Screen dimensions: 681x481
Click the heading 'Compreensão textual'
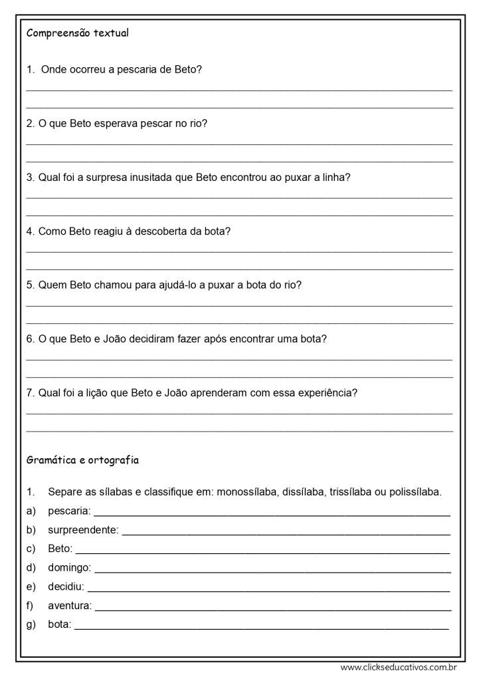pyautogui.click(x=77, y=34)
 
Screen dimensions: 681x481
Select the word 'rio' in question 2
pyautogui.click(x=199, y=123)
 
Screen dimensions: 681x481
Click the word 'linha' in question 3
pyautogui.click(x=332, y=178)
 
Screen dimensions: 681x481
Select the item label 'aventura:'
pyautogui.click(x=70, y=606)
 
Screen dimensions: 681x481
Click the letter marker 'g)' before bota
pyautogui.click(x=31, y=624)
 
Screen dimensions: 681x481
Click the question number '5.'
pyautogui.click(x=31, y=285)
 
